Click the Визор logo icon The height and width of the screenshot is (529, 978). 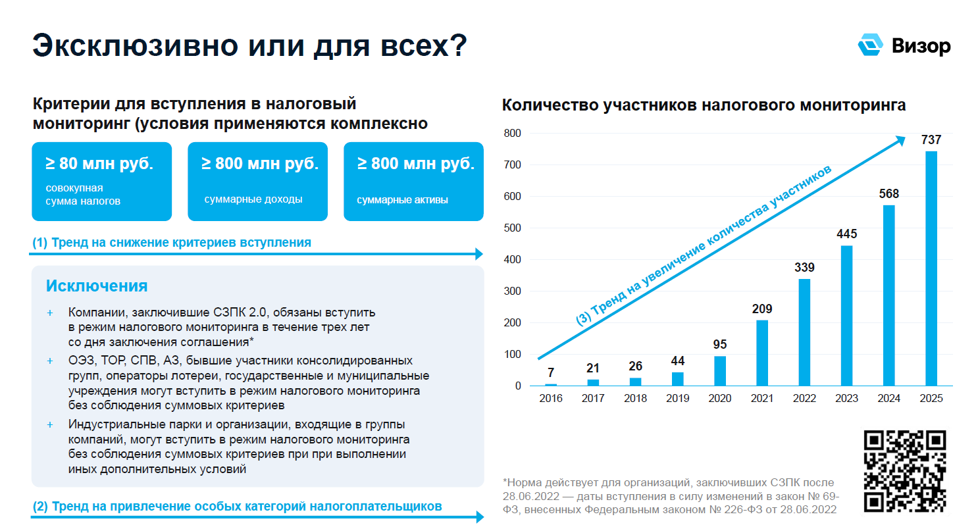[870, 45]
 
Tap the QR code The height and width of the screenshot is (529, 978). [905, 470]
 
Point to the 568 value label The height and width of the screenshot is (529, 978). [888, 194]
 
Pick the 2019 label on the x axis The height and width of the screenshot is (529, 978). [677, 399]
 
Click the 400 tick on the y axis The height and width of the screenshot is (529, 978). [512, 260]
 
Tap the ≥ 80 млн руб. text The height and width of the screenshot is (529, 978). [99, 164]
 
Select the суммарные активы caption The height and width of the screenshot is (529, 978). [402, 199]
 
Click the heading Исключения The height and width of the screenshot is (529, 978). [97, 286]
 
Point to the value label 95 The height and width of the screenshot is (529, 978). [720, 344]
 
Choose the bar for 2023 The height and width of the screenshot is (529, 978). [846, 315]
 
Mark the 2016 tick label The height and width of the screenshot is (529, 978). [551, 399]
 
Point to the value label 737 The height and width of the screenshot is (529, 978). [931, 139]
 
